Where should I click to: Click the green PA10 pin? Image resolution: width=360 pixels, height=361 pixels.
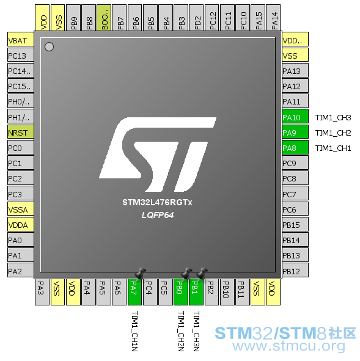(295, 117)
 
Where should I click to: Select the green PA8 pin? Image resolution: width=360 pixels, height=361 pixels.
(295, 148)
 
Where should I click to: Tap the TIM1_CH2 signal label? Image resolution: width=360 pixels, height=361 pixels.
(333, 133)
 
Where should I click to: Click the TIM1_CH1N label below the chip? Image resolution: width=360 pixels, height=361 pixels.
(134, 331)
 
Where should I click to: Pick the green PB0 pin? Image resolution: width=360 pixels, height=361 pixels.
(181, 292)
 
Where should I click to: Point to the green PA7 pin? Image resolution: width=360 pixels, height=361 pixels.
(134, 292)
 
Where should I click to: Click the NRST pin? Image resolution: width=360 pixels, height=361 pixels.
(21, 132)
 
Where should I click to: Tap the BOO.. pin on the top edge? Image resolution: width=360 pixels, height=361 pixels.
(104, 18)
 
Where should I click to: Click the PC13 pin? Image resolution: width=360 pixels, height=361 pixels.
(21, 55)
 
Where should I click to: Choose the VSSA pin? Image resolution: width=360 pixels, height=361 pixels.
(21, 209)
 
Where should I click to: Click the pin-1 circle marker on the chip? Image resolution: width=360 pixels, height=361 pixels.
(49, 47)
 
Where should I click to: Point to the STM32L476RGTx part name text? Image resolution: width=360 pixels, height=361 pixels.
(157, 202)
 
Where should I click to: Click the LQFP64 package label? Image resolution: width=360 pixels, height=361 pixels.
(158, 215)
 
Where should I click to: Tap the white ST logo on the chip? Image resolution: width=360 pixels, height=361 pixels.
(158, 155)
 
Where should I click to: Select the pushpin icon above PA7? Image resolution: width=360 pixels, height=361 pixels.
(140, 274)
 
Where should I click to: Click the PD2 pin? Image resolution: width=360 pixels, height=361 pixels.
(196, 18)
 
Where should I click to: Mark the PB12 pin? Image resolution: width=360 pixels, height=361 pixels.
(295, 271)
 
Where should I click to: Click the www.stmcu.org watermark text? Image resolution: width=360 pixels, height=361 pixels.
(288, 346)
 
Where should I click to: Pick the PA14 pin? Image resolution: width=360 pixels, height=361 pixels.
(273, 18)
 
